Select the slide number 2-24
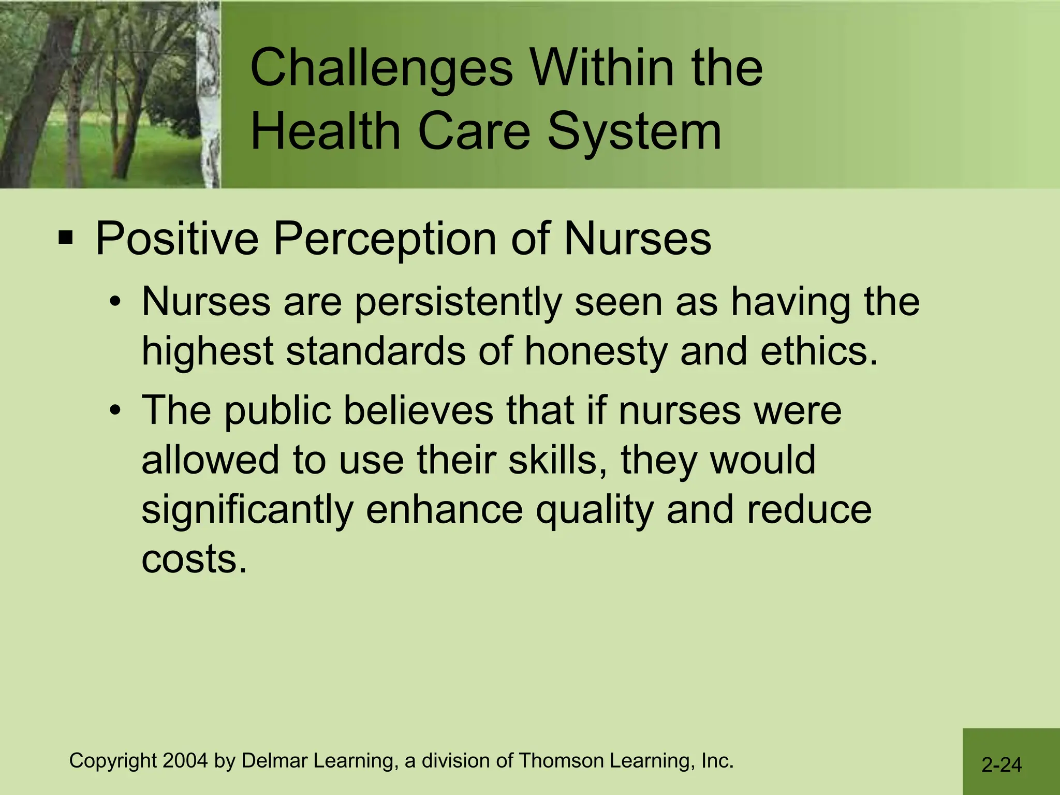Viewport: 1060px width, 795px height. click(1002, 764)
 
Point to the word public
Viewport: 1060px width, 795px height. click(277, 411)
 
